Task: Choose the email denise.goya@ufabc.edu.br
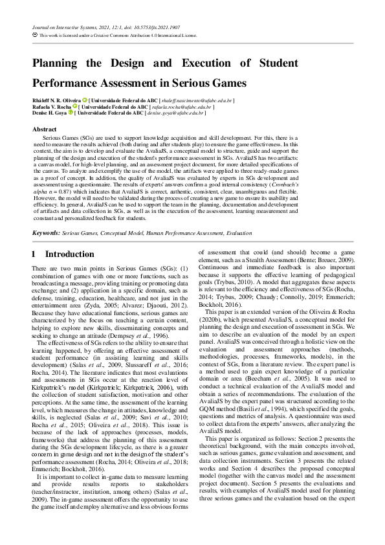pyautogui.click(x=182, y=113)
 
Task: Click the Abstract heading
pyautogui.click(x=44, y=129)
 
